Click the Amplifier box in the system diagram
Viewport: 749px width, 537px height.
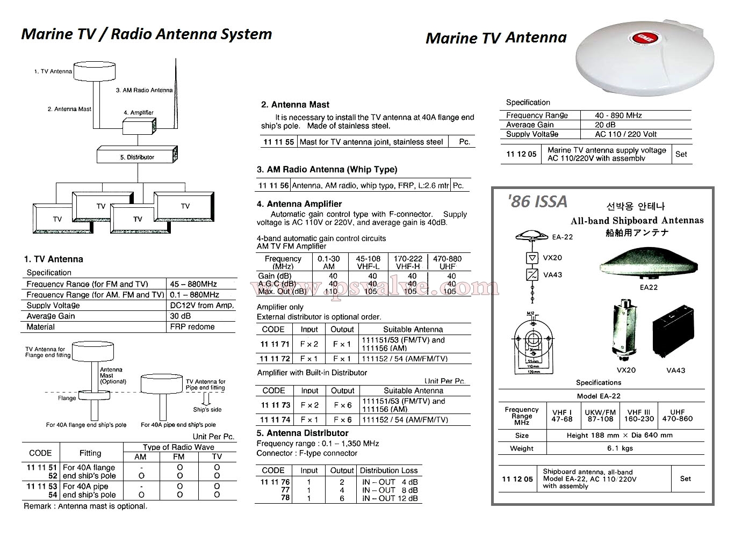(x=139, y=127)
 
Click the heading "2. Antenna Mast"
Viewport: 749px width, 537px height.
(x=295, y=105)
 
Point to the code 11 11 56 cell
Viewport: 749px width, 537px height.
(x=273, y=186)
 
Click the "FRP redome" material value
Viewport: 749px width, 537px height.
(x=192, y=326)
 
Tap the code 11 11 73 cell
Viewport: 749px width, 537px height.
(x=275, y=405)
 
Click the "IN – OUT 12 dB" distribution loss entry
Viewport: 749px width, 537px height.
(x=390, y=498)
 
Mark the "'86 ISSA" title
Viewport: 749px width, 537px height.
(x=537, y=201)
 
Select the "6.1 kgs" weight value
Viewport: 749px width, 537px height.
(x=620, y=448)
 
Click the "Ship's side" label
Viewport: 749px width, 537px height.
(x=207, y=410)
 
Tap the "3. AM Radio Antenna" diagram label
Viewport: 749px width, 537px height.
(x=144, y=90)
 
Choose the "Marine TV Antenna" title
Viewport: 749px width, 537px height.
(x=495, y=38)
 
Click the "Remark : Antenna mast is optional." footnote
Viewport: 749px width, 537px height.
(x=85, y=506)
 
